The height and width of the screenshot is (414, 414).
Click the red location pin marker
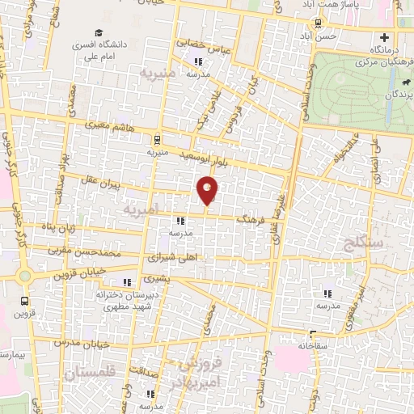pos(208,189)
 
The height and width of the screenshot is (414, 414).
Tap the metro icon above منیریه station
pos(156,138)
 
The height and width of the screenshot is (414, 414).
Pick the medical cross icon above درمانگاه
pos(384,37)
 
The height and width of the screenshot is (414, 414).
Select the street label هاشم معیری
pos(103,126)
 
